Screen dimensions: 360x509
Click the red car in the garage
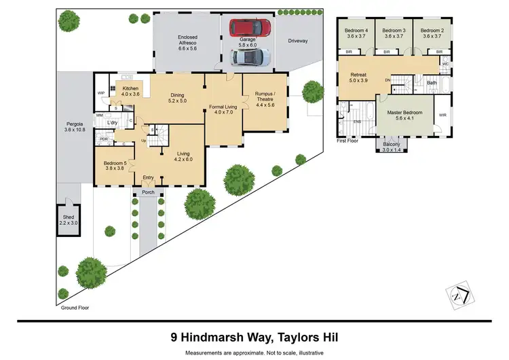[x=249, y=27]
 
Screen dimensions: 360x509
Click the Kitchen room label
[x=130, y=91]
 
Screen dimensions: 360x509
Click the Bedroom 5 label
[x=115, y=166]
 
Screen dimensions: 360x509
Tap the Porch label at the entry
[x=148, y=192]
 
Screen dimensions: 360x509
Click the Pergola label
[x=75, y=126]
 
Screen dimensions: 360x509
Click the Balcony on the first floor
[x=392, y=146]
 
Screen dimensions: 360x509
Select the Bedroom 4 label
[x=356, y=33]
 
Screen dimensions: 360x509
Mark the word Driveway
[x=297, y=41]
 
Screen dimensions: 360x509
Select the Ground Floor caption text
[x=75, y=307]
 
